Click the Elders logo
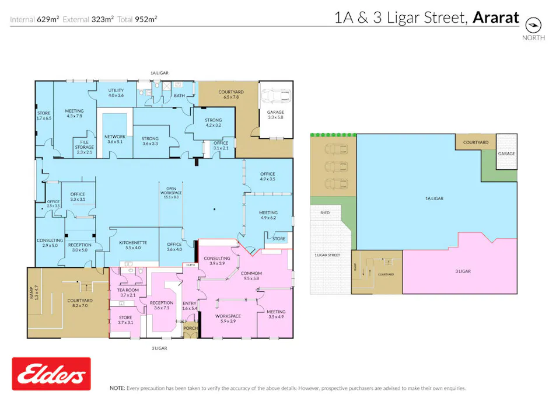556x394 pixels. point(51,374)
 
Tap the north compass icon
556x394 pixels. point(533,25)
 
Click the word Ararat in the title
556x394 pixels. point(496,18)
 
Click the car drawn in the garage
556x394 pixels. point(275,96)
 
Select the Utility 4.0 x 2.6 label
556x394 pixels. point(116,93)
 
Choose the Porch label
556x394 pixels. point(190,329)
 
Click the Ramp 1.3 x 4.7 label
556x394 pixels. point(34,292)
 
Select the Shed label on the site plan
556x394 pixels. point(325,213)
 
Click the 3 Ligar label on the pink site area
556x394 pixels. point(463,271)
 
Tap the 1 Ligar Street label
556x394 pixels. point(327,255)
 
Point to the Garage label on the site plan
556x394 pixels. point(506,154)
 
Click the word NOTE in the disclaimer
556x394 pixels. point(117,388)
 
